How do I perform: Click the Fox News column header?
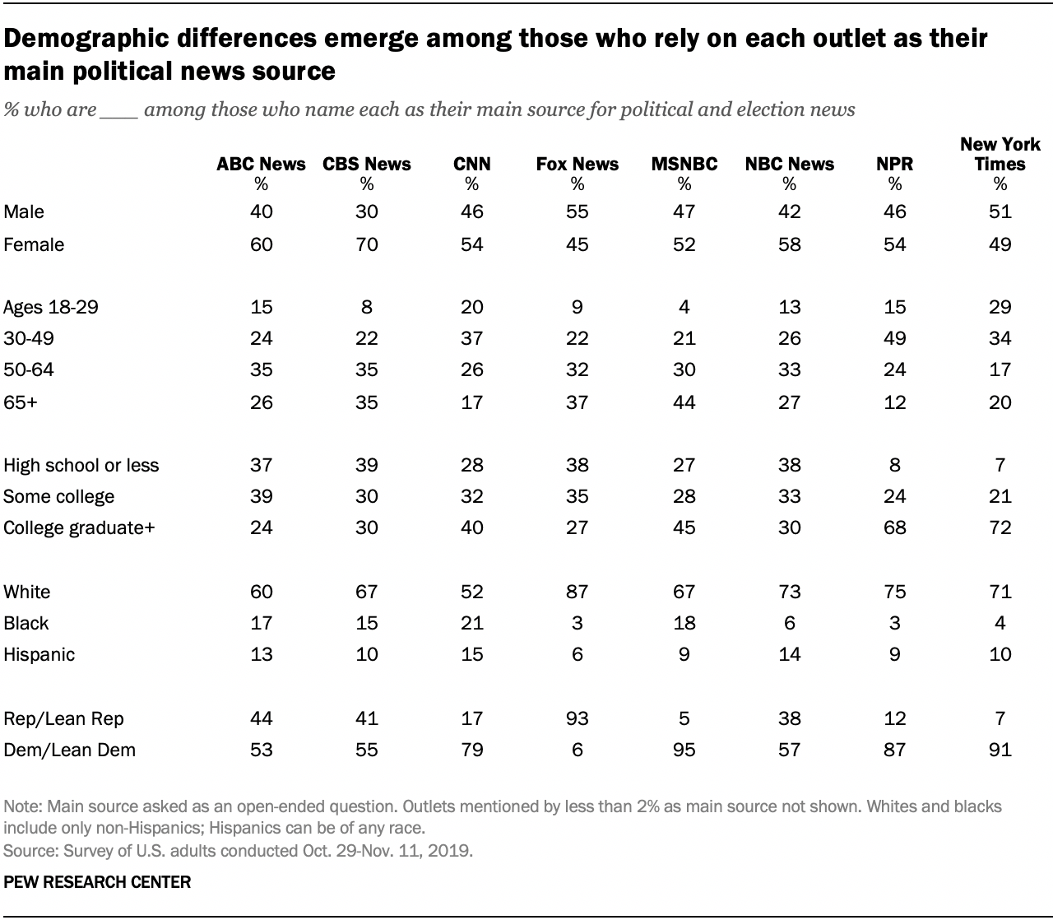(577, 164)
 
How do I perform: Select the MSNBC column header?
(684, 164)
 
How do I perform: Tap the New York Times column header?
(1000, 155)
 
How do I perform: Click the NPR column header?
(894, 164)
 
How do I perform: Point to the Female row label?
(34, 244)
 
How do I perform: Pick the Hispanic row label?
(39, 654)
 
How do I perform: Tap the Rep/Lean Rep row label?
(63, 718)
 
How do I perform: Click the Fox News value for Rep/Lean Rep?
(577, 718)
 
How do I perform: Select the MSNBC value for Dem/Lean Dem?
(684, 750)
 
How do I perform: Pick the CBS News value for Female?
(366, 244)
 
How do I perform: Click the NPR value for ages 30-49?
(894, 338)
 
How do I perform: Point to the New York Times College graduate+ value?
(1000, 527)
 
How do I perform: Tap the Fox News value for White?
(577, 592)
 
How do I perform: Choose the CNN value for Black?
(471, 623)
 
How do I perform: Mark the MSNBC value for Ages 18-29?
(684, 307)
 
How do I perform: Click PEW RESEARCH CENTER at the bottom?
(97, 882)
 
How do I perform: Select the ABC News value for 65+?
(261, 402)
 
